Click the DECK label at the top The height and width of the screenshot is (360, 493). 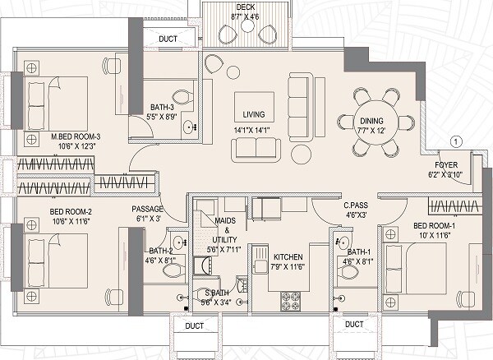click(244, 7)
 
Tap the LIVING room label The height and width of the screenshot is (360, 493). click(252, 116)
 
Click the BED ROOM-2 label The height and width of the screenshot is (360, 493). click(48, 210)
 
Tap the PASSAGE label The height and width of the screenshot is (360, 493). click(148, 210)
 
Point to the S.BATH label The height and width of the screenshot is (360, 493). click(217, 293)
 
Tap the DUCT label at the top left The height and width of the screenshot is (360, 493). click(167, 38)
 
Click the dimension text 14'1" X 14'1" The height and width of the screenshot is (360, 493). click(252, 130)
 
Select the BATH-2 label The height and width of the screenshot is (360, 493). click(159, 252)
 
